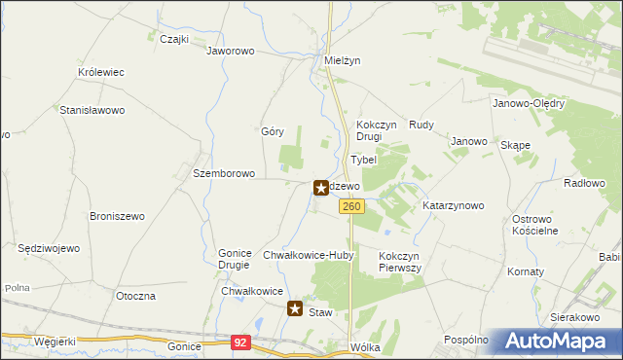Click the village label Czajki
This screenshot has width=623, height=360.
172,39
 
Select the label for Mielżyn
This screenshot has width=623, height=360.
342,59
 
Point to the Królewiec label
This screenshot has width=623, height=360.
100,73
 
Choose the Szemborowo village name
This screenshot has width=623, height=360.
224,174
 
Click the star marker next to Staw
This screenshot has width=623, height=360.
295,308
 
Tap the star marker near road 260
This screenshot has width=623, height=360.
320,186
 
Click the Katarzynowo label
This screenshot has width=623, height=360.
454,206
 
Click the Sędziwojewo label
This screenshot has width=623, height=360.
49,249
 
